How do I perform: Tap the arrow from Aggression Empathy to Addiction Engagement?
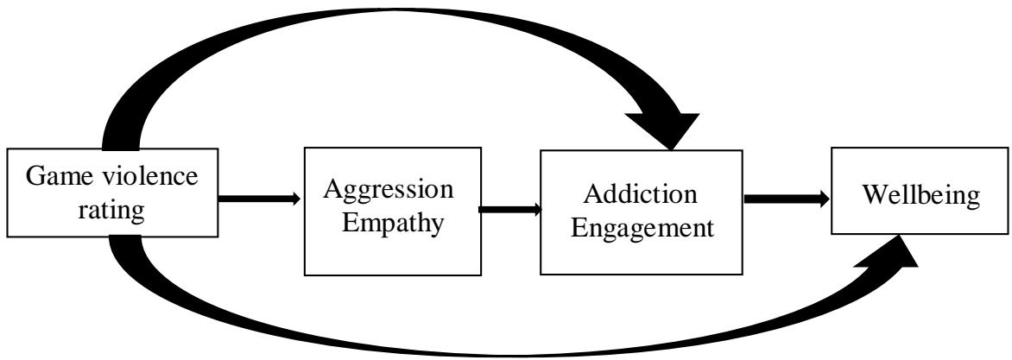(509, 209)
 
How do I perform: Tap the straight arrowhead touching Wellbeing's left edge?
(822, 199)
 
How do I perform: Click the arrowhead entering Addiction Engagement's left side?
(536, 209)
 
